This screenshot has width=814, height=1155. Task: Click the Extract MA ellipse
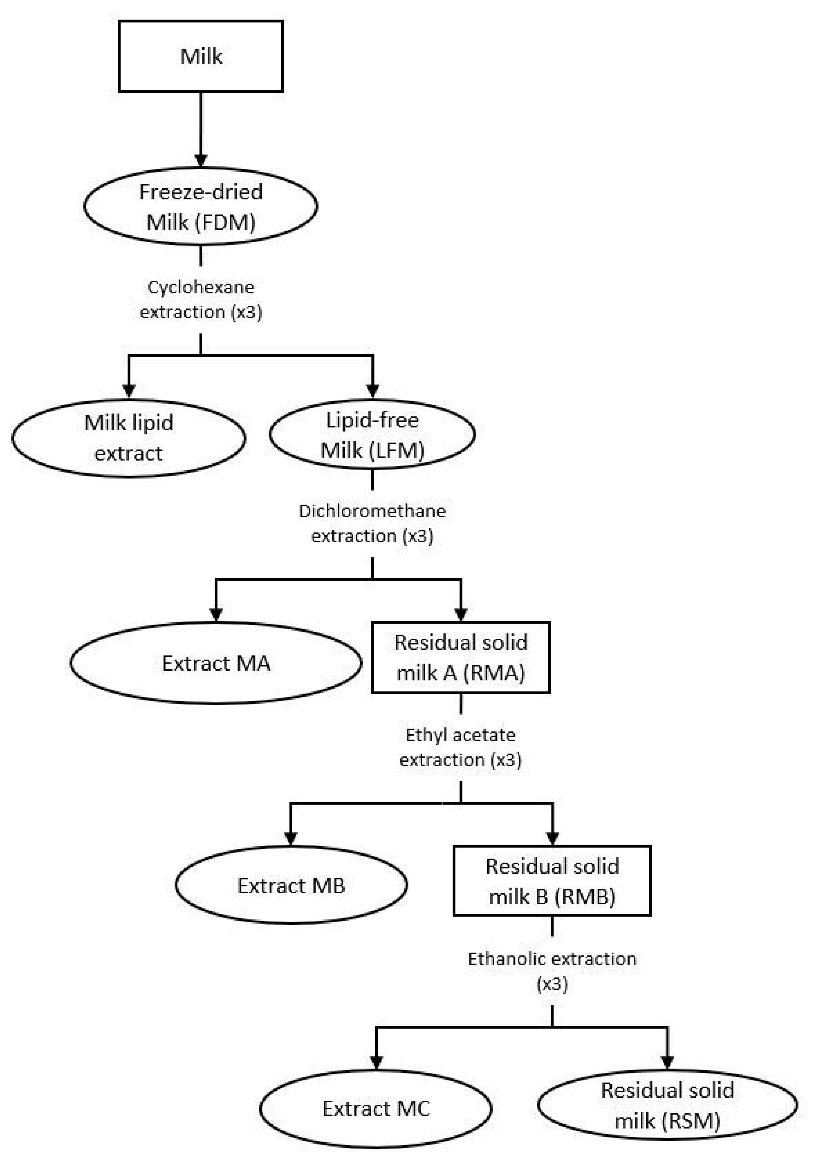216,663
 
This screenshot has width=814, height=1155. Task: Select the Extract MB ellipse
291,885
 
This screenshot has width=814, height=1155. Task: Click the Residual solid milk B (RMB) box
552,881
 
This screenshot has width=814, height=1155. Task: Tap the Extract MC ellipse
376,1108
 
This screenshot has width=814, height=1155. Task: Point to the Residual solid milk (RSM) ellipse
667,1105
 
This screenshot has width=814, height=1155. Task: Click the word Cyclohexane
201,287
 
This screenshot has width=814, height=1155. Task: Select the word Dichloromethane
372,511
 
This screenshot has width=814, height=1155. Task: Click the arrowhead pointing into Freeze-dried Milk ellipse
201,160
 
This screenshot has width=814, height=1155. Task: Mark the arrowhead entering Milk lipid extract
129,390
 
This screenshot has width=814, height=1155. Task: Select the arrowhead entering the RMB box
552,838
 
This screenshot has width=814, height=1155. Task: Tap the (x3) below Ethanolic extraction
552,983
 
